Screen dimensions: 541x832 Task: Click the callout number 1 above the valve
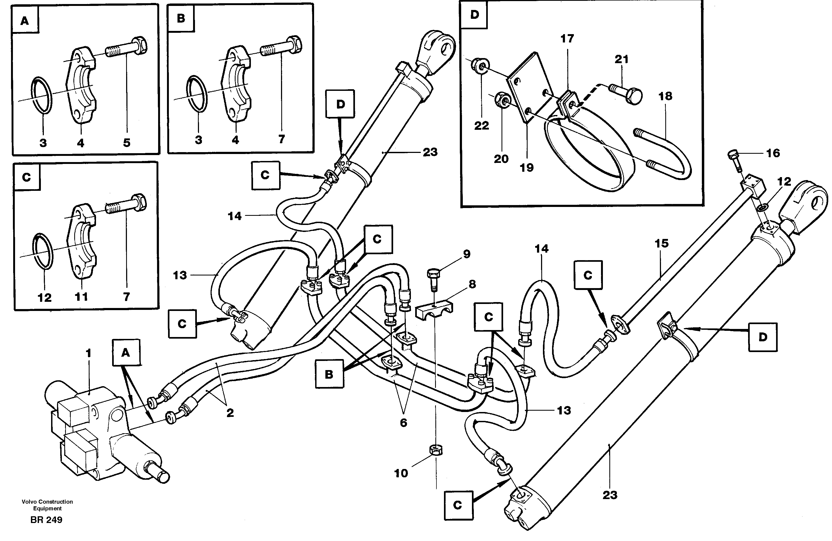pos(88,353)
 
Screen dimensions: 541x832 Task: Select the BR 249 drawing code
pos(46,520)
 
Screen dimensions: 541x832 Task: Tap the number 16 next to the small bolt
pos(773,153)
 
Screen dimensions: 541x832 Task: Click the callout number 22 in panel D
pos(481,126)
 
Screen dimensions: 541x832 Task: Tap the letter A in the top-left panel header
pos(24,21)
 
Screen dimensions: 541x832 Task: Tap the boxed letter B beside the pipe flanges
pos(329,374)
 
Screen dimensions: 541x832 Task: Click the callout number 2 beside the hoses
pos(230,413)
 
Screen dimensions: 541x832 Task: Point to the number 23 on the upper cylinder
pos(430,152)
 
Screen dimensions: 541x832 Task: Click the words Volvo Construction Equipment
pos(47,505)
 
